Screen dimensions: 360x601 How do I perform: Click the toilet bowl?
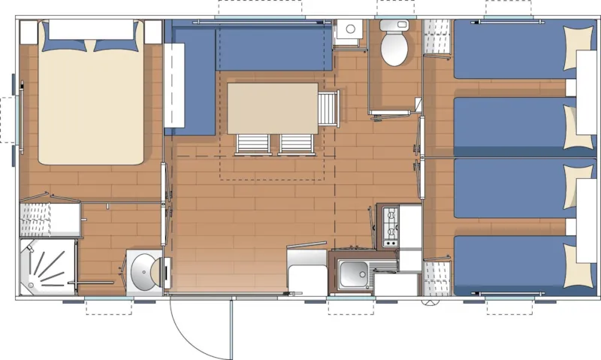[394, 47]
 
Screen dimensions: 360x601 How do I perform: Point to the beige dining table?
[272, 106]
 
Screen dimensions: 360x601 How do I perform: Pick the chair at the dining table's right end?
[329, 107]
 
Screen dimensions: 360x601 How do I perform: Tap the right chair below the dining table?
[296, 144]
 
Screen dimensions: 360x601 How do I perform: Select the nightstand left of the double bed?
[29, 32]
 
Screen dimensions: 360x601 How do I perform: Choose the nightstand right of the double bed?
[153, 32]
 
